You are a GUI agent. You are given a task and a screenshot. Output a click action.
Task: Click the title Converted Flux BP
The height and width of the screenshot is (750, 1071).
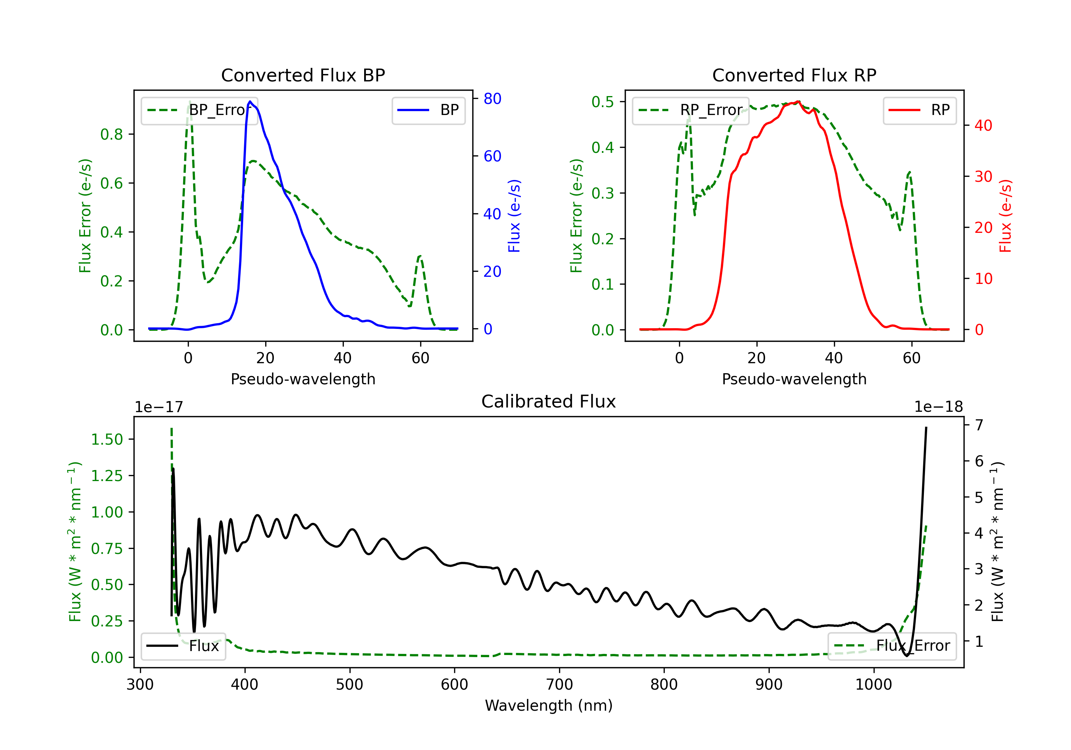click(303, 75)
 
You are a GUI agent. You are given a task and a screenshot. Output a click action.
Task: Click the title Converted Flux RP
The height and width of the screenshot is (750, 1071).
click(794, 75)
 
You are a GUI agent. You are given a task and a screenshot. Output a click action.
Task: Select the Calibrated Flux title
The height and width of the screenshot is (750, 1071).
click(549, 401)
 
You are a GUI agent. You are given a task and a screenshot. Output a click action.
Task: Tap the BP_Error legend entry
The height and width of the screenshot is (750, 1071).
click(199, 110)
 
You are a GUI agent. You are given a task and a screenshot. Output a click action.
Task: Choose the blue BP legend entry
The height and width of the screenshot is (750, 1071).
click(428, 110)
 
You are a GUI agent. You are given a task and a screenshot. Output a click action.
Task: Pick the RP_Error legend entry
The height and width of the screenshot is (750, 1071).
click(690, 110)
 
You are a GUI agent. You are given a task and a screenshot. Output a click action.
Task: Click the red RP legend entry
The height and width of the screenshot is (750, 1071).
click(919, 110)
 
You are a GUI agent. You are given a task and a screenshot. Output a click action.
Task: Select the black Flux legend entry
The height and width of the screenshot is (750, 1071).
click(183, 646)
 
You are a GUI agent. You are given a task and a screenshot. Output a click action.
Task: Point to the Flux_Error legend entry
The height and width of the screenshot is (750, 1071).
click(892, 646)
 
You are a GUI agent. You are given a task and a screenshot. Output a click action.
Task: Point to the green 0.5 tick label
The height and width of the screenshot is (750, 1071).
click(603, 102)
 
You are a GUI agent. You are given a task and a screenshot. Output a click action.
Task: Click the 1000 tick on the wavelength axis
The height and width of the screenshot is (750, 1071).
click(874, 684)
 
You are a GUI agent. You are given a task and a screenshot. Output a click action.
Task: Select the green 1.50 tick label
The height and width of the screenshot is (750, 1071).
click(107, 439)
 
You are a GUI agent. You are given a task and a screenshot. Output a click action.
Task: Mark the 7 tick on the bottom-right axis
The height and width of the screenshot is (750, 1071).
click(979, 425)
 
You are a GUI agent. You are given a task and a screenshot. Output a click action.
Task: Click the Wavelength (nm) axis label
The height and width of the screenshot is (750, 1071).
click(549, 705)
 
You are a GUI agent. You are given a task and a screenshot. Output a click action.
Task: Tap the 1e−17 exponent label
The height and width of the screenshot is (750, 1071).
click(159, 407)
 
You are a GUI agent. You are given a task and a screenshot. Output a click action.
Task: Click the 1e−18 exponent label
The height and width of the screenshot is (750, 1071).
click(939, 407)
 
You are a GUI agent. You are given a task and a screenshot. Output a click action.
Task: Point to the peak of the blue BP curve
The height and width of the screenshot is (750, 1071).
click(250, 101)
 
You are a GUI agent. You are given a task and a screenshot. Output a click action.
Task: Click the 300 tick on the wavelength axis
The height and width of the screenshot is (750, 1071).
click(140, 684)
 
